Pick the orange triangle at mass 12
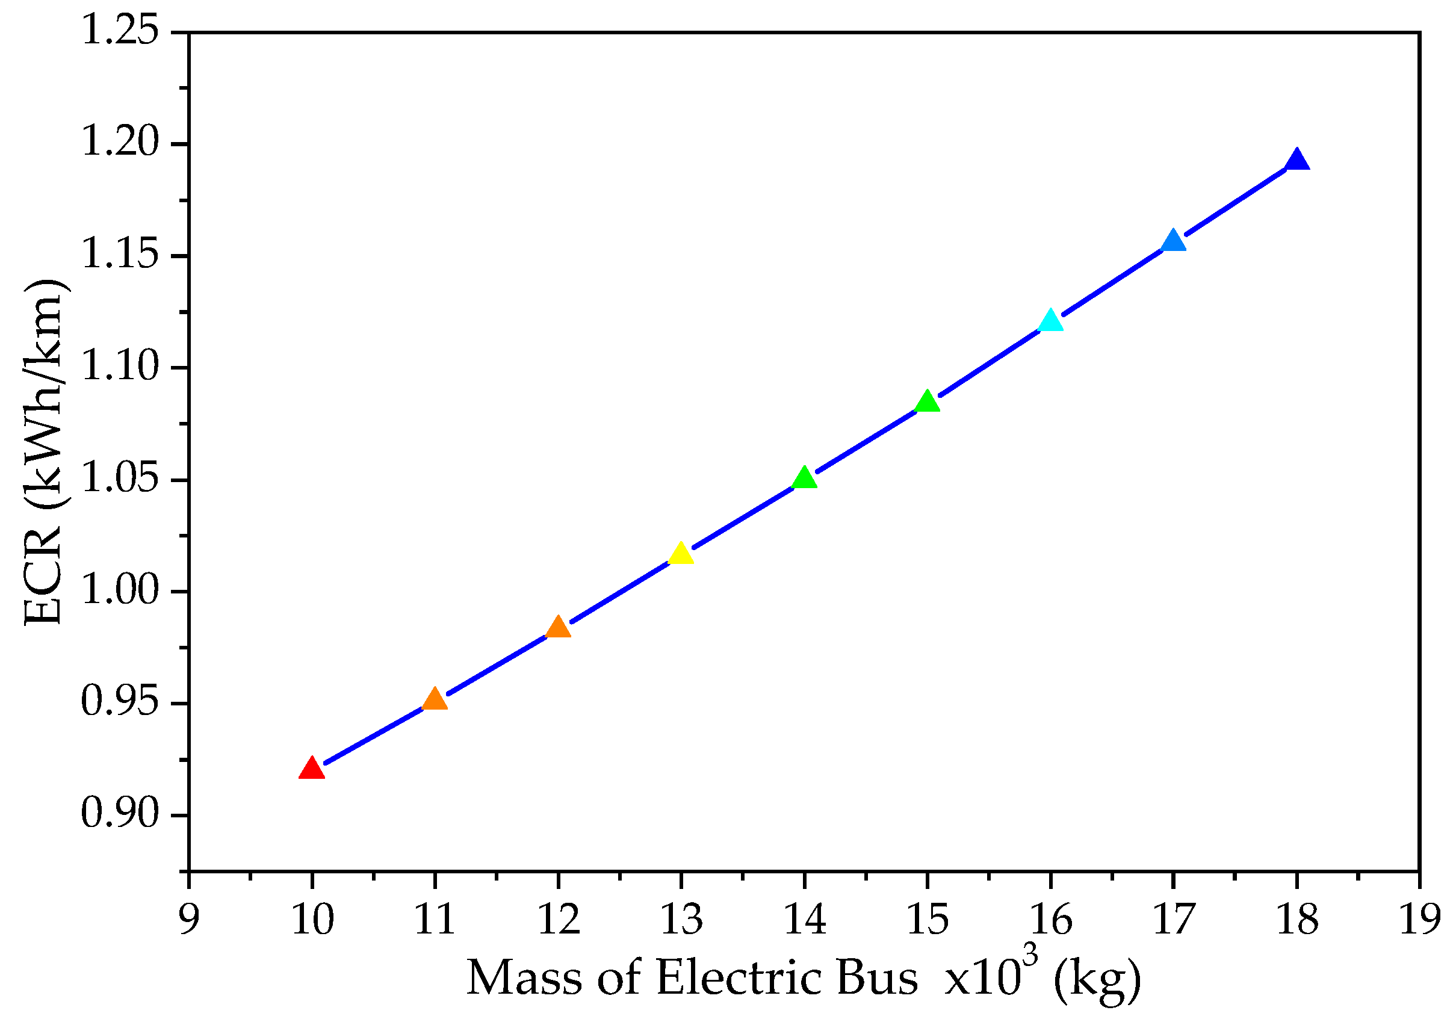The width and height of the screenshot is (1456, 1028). click(x=558, y=627)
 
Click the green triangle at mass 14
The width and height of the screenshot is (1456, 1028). click(x=804, y=478)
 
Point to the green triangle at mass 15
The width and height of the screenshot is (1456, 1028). click(x=927, y=402)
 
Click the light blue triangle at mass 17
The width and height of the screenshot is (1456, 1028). click(x=1173, y=241)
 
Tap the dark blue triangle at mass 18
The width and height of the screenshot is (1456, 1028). click(x=1296, y=161)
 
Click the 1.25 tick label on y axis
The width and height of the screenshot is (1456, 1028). click(x=120, y=31)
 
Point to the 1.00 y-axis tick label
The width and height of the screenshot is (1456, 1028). click(x=120, y=590)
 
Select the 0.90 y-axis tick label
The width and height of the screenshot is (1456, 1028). click(x=120, y=814)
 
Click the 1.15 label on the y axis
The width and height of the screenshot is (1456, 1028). click(x=120, y=255)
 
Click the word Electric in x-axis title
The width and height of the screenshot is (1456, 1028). click(x=738, y=978)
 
